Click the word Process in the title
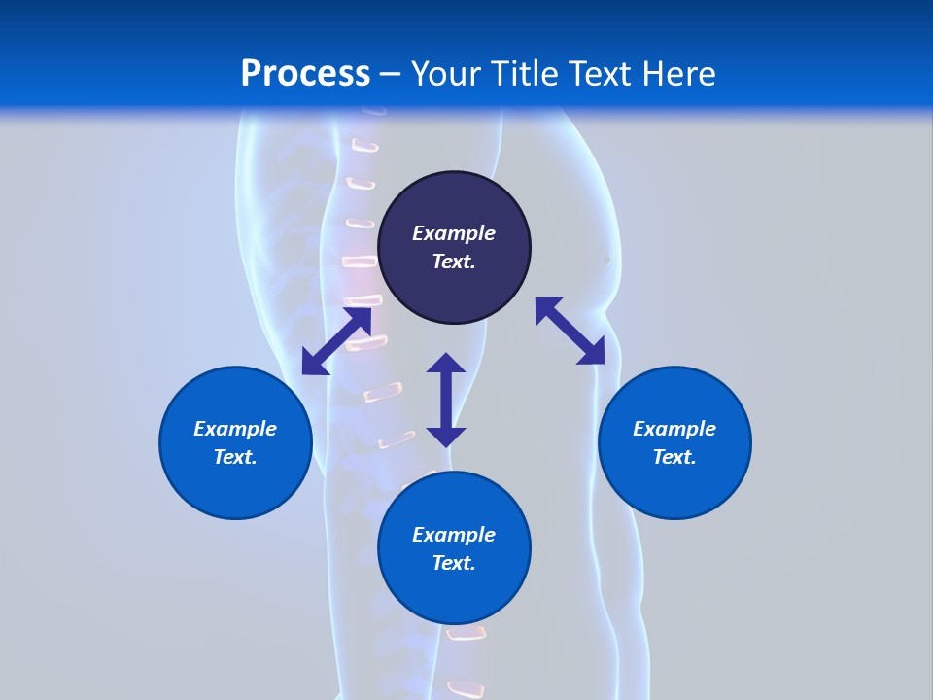305,74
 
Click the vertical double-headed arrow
446,401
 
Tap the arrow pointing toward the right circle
570,332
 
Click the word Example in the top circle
454,233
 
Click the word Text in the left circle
235,458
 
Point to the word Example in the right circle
674,429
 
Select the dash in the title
390,75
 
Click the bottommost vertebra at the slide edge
466,690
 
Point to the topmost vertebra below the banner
363,146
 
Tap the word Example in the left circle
235,429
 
